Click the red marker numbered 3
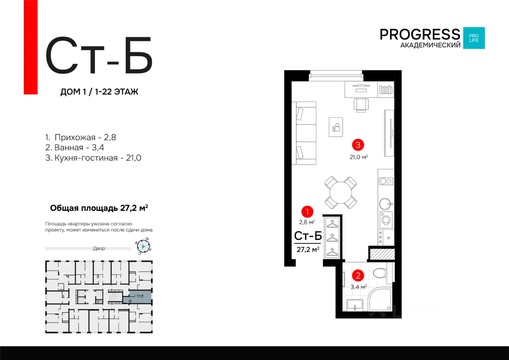click(x=358, y=145)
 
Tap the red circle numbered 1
click(x=307, y=212)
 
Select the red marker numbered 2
click(x=358, y=275)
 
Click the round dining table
click(x=341, y=193)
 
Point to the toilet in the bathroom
click(x=380, y=273)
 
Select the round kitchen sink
click(x=385, y=204)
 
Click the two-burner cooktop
click(x=386, y=181)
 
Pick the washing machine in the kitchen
click(x=386, y=220)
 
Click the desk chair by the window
click(x=361, y=105)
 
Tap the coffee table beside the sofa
click(x=336, y=127)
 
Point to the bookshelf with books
click(x=386, y=90)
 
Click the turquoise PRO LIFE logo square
click(x=474, y=38)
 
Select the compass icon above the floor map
click(x=144, y=246)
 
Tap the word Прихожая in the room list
click(x=75, y=137)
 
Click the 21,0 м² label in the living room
click(x=359, y=157)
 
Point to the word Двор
click(x=99, y=248)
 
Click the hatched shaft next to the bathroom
click(x=382, y=254)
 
